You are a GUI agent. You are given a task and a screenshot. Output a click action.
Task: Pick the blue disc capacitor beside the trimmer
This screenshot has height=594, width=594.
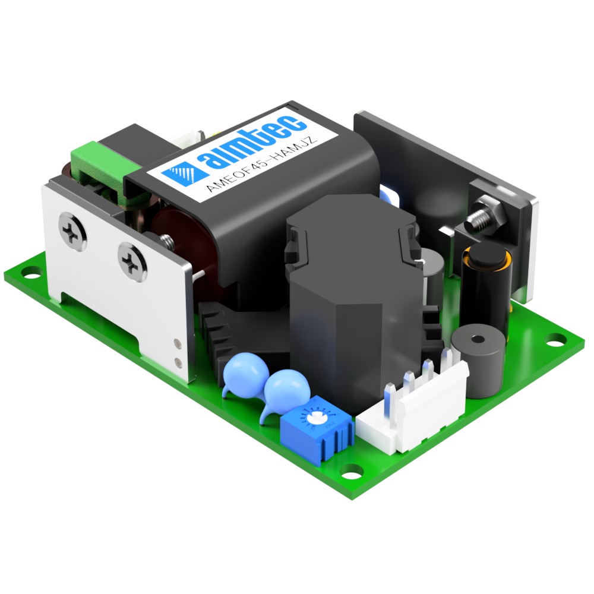(287, 388)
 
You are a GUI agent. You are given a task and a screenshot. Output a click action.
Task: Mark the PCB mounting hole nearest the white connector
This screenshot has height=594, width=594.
(352, 470)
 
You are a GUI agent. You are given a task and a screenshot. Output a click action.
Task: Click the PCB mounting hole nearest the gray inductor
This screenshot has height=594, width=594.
(556, 339)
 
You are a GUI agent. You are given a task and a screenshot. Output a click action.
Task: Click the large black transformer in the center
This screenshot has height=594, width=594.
(350, 297)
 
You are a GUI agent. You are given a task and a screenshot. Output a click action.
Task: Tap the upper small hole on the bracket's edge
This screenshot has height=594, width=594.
(176, 343)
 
